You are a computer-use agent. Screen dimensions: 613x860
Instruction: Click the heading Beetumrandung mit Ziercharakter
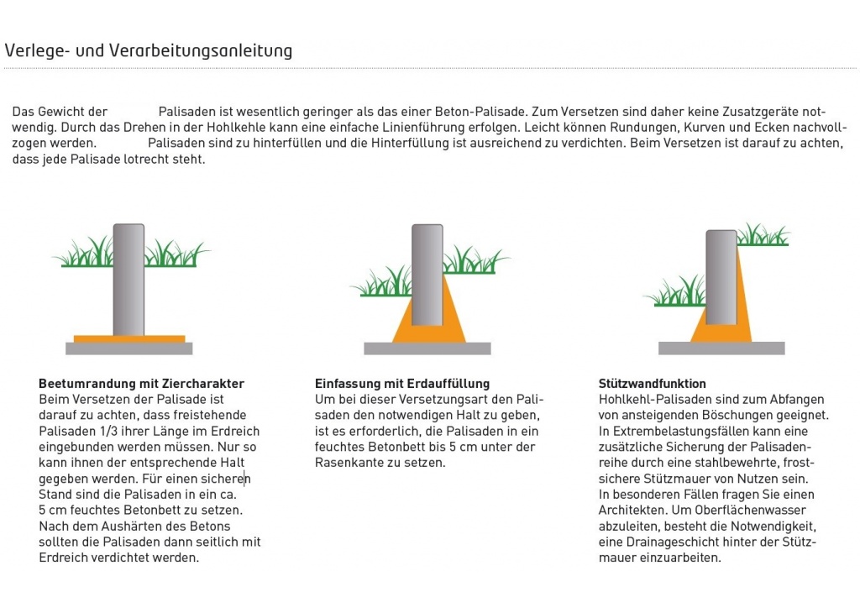pos(141,384)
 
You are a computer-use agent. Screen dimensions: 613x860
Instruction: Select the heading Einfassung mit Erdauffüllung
pos(401,384)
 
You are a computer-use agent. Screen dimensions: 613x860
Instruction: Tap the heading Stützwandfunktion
pos(652,384)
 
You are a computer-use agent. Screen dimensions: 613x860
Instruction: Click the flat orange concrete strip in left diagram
pos(128,339)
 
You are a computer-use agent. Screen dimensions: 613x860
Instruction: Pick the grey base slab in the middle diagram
pos(427,348)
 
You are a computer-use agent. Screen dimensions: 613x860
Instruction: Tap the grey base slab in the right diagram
pos(721,348)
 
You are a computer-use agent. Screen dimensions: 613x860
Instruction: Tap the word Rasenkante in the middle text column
pos(349,463)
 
